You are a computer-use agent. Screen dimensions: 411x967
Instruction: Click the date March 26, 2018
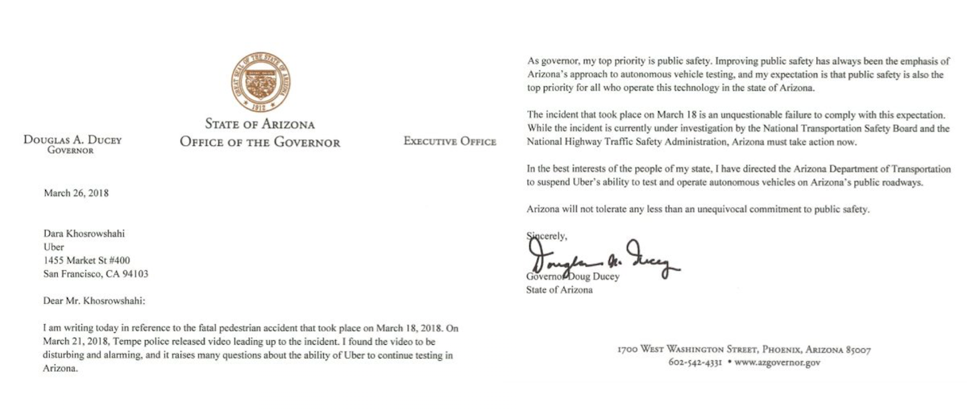77,193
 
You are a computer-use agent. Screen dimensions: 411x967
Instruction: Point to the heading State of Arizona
259,125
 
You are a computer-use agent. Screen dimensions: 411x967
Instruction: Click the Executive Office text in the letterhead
450,142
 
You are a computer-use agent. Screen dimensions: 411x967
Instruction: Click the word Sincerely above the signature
547,236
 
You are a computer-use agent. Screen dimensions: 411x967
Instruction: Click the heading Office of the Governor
259,143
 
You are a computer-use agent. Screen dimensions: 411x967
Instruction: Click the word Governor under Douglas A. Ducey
70,152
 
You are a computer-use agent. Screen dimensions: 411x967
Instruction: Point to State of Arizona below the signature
559,290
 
